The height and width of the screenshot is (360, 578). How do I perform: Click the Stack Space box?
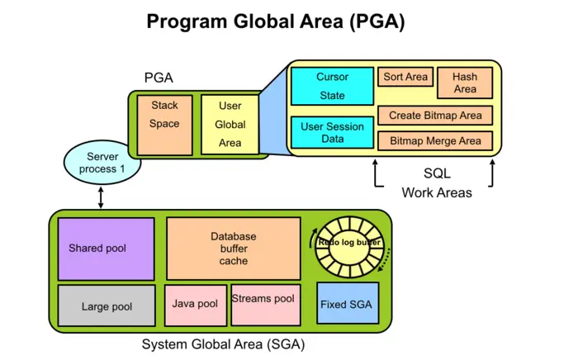coord(164,124)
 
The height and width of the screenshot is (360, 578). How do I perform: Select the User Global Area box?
coord(230,124)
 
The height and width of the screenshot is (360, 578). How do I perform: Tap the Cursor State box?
coord(332,86)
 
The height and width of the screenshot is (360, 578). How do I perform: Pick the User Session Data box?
coord(332,133)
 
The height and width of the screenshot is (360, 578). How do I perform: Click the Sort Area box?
coord(405,78)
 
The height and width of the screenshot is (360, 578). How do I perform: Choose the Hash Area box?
coord(465,83)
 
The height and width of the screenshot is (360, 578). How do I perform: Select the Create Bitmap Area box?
coord(435,115)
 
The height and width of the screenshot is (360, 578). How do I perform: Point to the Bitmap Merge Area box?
coord(435,140)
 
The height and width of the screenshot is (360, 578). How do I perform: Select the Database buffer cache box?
coord(233,248)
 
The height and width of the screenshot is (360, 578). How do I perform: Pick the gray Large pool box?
coord(106,306)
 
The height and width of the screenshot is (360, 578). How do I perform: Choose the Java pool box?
coord(195,305)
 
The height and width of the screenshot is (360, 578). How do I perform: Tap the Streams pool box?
coord(263,304)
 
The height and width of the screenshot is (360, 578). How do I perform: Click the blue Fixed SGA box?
coord(346,305)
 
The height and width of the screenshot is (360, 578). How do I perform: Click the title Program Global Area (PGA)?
coord(276,21)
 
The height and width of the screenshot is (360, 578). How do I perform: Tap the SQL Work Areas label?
coord(436,183)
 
